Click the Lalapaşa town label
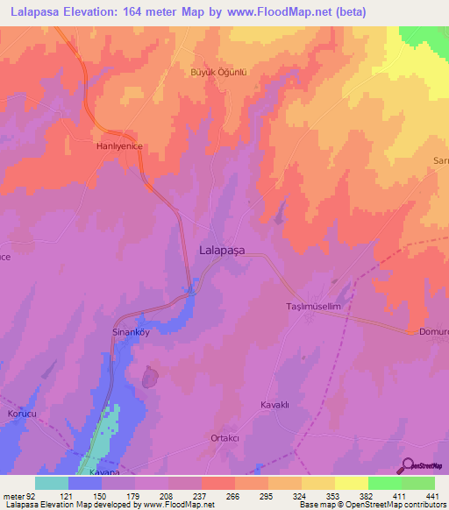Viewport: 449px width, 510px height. point(222,250)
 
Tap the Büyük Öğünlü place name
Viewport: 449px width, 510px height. point(217,73)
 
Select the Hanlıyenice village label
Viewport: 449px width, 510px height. point(118,148)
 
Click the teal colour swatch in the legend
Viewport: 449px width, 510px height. point(51,483)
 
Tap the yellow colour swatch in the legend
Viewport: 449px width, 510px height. point(352,483)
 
